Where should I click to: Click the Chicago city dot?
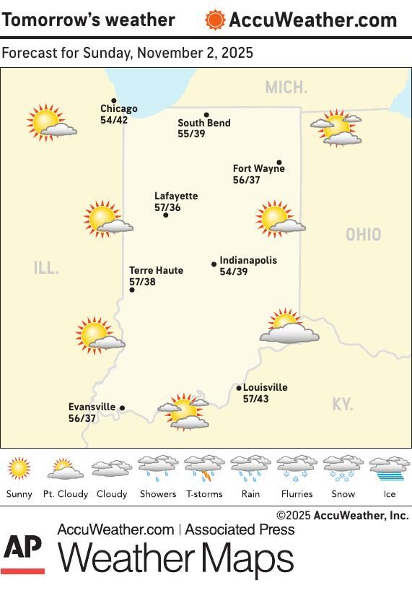coord(113,101)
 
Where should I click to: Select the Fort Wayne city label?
coord(258,169)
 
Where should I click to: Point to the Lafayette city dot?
coord(165,215)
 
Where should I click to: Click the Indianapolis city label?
coord(248,261)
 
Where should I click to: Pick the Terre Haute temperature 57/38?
coord(142,282)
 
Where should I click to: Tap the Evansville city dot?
coord(122,408)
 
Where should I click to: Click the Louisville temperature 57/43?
coord(255,399)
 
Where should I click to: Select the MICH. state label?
coord(286,88)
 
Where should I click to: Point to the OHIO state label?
coord(363,235)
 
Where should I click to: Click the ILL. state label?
coord(46,268)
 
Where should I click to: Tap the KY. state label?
coord(343,405)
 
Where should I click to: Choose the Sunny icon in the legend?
coord(19,469)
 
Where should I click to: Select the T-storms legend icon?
coord(204,469)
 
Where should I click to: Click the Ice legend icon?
coord(390,469)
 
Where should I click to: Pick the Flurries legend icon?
coord(297,469)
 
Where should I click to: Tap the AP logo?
coord(22,553)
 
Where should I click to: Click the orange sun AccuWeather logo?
coord(215,20)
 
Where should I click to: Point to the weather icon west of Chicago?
coord(50,122)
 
